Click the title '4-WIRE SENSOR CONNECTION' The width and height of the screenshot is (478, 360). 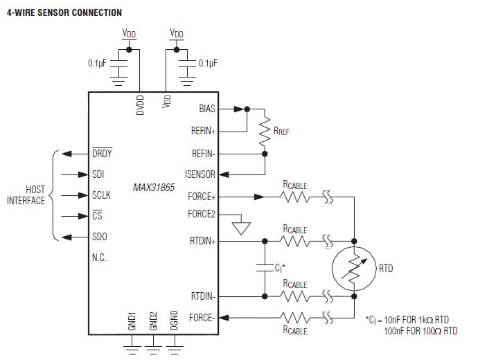pos(64,12)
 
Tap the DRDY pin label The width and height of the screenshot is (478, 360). pos(102,154)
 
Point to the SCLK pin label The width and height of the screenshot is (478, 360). pos(101,195)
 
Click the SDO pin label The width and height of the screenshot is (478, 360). pos(100,237)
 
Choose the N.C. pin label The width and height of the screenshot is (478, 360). pos(99,258)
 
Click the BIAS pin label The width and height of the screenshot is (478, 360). pos(206,109)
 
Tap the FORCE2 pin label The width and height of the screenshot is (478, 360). pos(202,214)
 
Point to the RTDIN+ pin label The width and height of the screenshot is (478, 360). pos(202,241)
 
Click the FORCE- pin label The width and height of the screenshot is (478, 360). pos(202,318)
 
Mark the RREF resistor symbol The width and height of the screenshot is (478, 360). pos(264,132)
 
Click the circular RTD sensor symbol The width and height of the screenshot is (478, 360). pos(353,268)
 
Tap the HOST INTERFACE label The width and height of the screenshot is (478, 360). pos(26,195)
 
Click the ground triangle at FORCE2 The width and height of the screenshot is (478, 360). pos(240,227)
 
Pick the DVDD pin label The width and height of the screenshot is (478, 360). pos(140,105)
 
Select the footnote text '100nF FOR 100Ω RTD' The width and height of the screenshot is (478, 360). pos(421,331)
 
